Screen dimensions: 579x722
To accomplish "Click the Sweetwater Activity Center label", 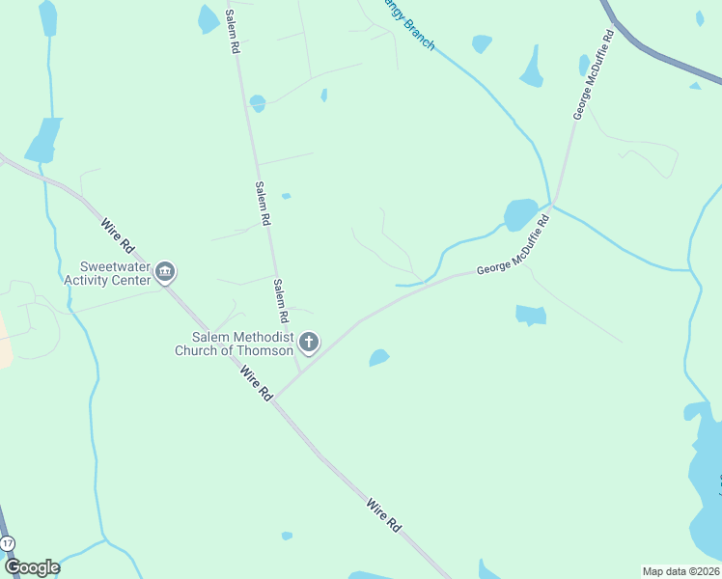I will (115, 273).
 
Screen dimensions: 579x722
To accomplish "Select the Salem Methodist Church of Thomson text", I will (234, 343).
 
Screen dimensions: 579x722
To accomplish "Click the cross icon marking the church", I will (309, 342).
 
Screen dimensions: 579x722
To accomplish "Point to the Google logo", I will (31, 566).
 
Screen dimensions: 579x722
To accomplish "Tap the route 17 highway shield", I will (8, 544).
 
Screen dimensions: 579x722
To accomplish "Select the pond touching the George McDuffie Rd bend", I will (520, 214).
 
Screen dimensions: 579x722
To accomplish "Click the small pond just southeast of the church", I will (379, 358).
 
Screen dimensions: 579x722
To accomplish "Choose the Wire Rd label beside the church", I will (257, 384).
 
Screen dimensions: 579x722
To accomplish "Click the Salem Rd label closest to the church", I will (280, 301).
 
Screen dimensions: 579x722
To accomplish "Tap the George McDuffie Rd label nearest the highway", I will (594, 73).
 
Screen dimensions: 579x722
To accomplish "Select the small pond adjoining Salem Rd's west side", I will (257, 101).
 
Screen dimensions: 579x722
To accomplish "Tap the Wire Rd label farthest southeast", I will (383, 514).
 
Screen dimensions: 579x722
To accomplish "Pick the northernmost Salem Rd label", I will (233, 32).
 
